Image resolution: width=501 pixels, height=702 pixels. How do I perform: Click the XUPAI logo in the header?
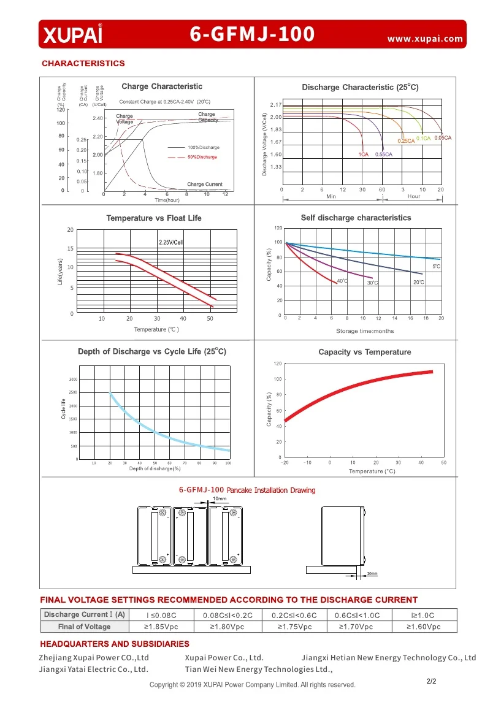coord(72,34)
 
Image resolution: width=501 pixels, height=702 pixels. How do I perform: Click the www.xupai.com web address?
coord(425,39)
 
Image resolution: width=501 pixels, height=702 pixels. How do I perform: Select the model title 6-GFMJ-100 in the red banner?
coord(252,34)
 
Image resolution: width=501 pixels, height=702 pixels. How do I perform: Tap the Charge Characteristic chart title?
coord(161,86)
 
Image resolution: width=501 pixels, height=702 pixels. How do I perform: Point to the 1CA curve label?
coord(363,155)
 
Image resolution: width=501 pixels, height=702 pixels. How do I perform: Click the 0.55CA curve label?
coord(383,155)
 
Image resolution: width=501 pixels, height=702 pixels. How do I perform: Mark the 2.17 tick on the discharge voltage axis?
coord(275,105)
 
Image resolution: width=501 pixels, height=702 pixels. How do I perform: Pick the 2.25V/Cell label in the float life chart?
coord(171,243)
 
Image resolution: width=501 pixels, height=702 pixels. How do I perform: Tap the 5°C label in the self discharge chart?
coord(436,267)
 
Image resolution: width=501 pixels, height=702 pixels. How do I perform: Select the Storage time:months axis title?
coord(365,331)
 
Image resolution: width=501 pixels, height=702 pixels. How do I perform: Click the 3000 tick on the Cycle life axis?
coord(73,380)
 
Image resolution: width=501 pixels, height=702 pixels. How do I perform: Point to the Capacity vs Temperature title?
coord(364,352)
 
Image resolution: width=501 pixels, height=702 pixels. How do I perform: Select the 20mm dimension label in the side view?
coord(372,573)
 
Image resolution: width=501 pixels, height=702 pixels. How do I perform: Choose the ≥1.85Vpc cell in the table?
coord(161,627)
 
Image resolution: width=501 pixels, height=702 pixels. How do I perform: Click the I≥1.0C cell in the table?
coord(423,614)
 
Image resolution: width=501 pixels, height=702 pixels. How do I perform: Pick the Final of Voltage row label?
coord(85,627)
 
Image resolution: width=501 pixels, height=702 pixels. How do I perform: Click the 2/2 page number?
coord(430,681)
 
